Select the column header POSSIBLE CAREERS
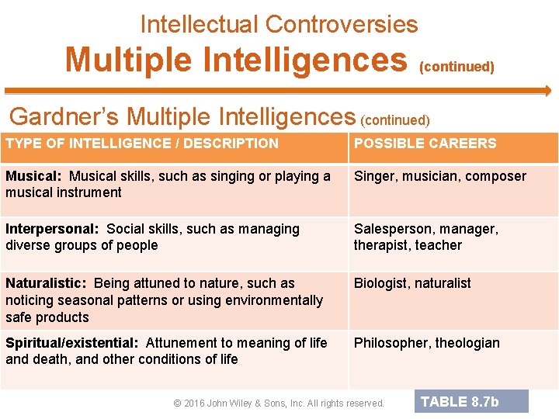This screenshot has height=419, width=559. click(425, 144)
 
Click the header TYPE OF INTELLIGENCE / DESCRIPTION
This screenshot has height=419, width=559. click(141, 144)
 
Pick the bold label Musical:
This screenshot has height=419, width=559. click(33, 176)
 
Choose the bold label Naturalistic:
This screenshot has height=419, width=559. click(46, 283)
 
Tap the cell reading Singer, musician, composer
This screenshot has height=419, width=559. click(439, 176)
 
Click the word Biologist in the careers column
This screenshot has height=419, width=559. click(381, 283)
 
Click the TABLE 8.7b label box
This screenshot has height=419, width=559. click(471, 401)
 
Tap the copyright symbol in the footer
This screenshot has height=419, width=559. click(177, 403)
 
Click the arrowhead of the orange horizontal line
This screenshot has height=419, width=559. click(546, 91)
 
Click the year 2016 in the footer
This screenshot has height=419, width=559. click(196, 403)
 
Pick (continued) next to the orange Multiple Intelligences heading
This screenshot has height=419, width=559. click(457, 67)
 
